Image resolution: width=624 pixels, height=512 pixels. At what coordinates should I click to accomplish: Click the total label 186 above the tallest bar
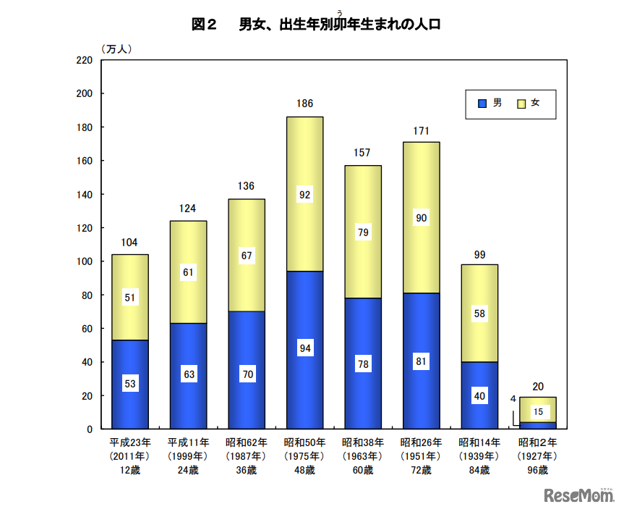point(304,104)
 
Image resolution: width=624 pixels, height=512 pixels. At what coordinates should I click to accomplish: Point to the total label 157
point(362,153)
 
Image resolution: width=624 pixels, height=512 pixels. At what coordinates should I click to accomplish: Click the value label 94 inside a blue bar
point(304,348)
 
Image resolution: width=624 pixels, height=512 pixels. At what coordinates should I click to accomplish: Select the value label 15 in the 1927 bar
point(537,412)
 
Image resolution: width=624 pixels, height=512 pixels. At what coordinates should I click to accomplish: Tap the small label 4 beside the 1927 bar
point(513,398)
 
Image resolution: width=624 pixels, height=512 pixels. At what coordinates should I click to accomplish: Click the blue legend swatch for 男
point(482,104)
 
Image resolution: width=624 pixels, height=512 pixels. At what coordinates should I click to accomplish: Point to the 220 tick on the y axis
point(84,60)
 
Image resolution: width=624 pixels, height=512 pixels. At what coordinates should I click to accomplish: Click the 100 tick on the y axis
point(84,261)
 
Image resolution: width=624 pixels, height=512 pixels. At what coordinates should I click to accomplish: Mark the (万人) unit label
point(116,49)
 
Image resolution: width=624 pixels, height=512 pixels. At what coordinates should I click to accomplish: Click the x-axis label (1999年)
point(188,456)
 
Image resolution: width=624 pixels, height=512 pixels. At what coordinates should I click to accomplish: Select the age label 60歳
point(362,470)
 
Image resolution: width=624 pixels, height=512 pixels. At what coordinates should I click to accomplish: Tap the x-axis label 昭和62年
point(247,442)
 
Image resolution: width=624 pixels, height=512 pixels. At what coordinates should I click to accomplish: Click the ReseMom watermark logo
point(578,495)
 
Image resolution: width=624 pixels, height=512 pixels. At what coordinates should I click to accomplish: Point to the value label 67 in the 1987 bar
point(247,255)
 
